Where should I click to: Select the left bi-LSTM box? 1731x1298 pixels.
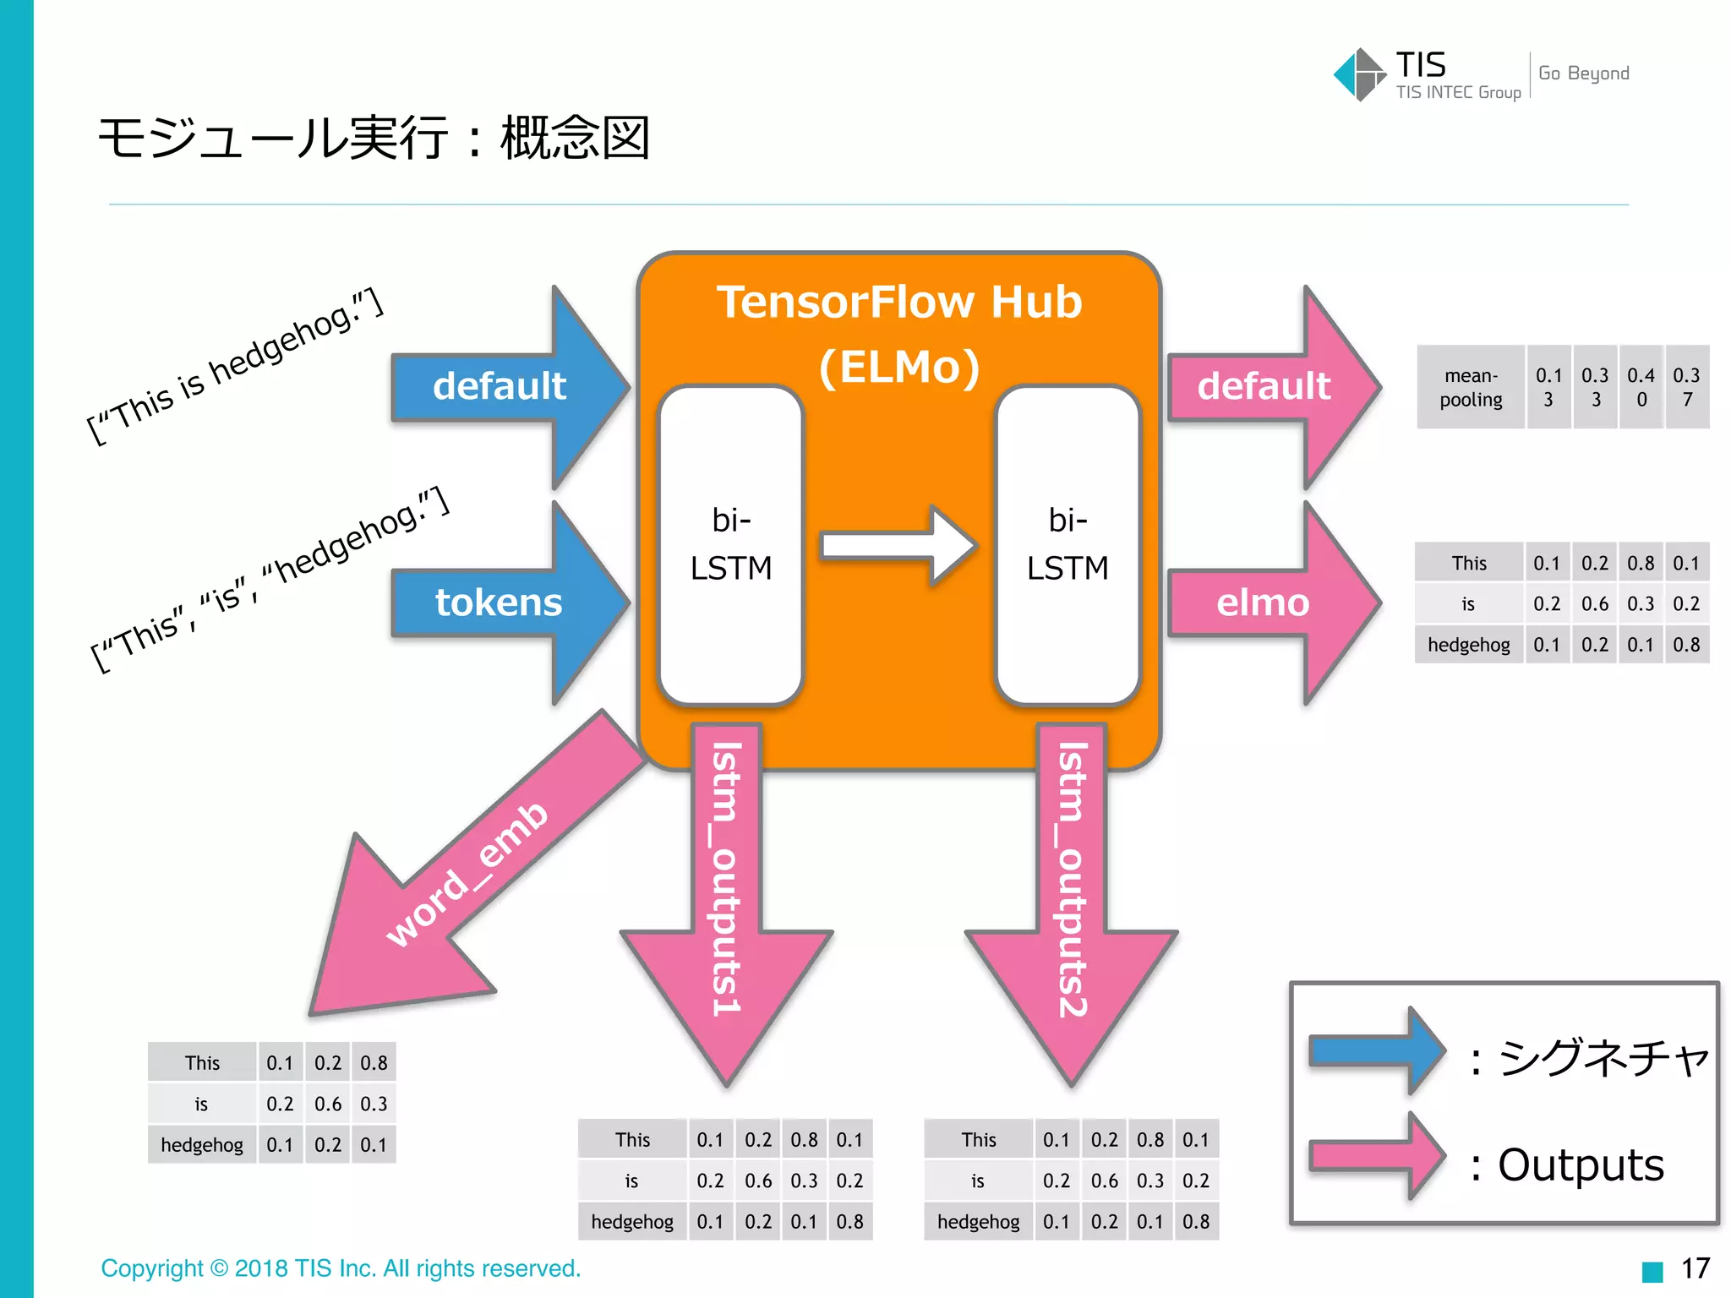coord(731,545)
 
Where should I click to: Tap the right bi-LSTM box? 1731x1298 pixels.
coord(1068,545)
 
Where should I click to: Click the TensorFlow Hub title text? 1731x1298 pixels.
coord(899,303)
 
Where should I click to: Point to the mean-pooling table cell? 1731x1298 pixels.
coord(1471,387)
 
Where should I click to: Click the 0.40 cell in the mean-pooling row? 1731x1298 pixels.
coord(1641,387)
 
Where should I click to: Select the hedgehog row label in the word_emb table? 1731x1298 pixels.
coord(202,1145)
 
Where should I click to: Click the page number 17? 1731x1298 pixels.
coord(1695,1268)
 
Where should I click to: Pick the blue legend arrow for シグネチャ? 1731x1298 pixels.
coord(1376,1051)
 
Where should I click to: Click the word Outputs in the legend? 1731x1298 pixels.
coord(1581,1165)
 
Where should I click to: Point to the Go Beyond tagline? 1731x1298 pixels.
coord(1583,74)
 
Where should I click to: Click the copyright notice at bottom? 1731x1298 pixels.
coord(341,1268)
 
